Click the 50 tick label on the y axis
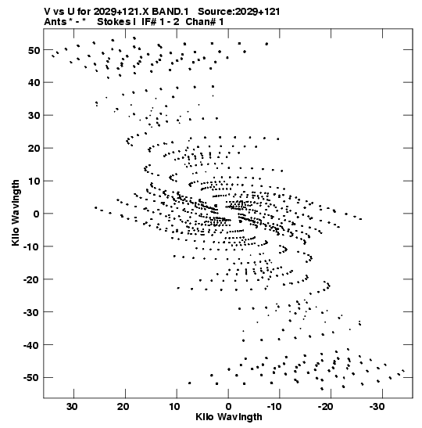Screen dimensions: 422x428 [x=34, y=50]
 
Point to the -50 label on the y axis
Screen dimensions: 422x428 [x=31, y=378]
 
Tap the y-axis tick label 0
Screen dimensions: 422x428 [x=36, y=214]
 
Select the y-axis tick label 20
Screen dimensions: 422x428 [x=34, y=149]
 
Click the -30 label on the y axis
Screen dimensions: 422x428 [x=31, y=312]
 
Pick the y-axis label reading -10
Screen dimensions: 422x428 [x=31, y=246]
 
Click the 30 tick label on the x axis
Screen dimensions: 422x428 [x=72, y=407]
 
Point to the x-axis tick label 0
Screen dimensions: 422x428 [x=228, y=407]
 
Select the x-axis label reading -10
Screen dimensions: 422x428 [x=274, y=407]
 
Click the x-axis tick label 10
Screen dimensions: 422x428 [x=175, y=407]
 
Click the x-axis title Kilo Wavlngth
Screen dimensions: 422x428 [x=229, y=417]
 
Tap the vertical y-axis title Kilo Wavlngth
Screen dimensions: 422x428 [x=16, y=213]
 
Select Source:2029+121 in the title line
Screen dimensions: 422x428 [x=239, y=12]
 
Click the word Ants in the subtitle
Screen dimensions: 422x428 [x=55, y=22]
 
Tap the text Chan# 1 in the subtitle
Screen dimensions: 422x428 [x=205, y=22]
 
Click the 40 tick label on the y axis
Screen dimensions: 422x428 [x=34, y=83]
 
